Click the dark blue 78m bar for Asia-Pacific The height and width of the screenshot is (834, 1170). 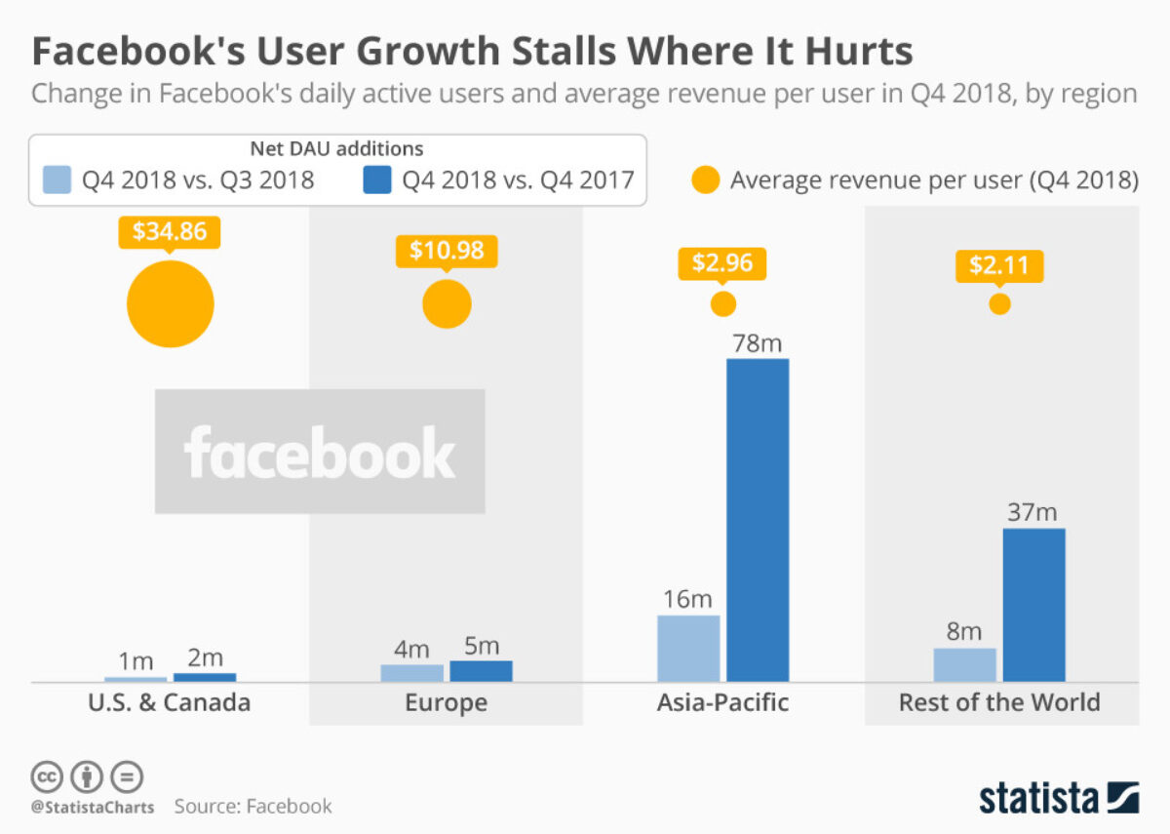click(x=758, y=520)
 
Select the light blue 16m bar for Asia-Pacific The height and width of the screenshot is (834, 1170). click(x=688, y=648)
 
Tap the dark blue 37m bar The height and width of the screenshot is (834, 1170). click(x=1033, y=605)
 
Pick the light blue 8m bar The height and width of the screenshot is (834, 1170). click(x=964, y=664)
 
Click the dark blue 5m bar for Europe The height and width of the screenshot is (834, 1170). click(x=481, y=671)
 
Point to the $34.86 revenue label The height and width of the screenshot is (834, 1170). click(x=170, y=232)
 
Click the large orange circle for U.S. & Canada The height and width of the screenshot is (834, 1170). click(x=170, y=303)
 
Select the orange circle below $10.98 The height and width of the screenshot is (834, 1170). click(x=447, y=303)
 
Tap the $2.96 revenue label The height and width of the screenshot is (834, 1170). click(x=722, y=263)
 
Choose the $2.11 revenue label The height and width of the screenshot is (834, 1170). click(x=999, y=264)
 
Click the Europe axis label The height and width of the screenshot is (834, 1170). click(x=446, y=702)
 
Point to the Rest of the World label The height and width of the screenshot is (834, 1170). click(x=999, y=702)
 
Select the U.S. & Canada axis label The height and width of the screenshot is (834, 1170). click(x=170, y=702)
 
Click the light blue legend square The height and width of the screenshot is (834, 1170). click(x=58, y=180)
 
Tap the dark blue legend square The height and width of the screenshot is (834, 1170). click(x=376, y=180)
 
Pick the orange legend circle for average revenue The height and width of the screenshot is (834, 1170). click(x=705, y=180)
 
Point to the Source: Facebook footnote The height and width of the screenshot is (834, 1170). click(x=253, y=807)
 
